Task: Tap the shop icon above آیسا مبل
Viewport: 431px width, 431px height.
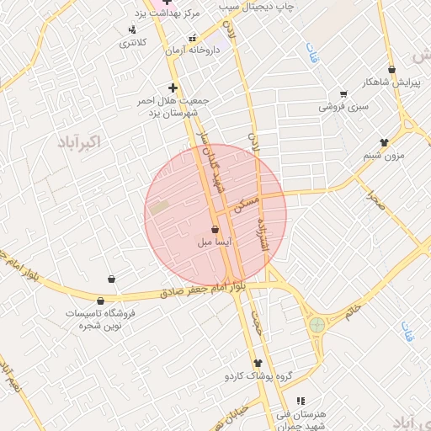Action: (215, 229)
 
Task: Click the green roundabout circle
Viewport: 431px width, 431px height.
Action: (317, 324)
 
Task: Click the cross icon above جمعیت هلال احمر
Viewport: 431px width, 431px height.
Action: (173, 88)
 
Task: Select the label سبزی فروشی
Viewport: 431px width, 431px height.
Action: (343, 107)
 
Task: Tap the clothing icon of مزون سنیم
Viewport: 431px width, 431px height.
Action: (384, 142)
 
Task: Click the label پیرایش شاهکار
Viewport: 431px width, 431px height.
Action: (391, 82)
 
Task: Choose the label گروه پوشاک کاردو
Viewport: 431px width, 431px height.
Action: (257, 376)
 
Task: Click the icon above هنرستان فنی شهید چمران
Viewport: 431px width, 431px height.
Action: (300, 401)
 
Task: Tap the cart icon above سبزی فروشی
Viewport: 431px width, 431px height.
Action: (343, 93)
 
